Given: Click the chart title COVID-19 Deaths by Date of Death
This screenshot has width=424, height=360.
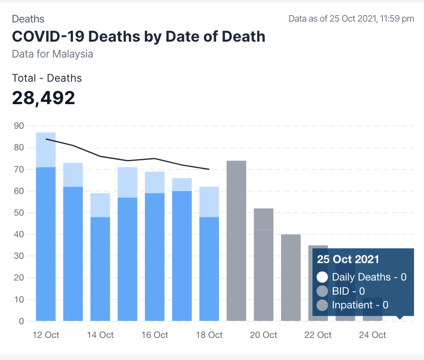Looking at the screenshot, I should point(138,36).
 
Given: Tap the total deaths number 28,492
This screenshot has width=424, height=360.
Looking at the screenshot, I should point(43,97).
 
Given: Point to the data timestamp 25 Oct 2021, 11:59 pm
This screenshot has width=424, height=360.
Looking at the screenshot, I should point(351,18).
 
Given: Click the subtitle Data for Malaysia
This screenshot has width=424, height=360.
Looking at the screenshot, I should point(52,54).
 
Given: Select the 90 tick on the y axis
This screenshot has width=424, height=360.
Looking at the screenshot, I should point(19,126).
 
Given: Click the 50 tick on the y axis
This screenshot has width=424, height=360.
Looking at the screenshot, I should point(19,213).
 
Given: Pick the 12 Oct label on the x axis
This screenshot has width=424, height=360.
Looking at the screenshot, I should point(46,335).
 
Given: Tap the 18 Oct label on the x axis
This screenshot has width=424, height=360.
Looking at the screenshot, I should point(209,335).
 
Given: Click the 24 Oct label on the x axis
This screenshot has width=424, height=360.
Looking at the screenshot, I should point(372,335).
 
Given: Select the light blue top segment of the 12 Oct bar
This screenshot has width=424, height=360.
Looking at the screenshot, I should point(46,150).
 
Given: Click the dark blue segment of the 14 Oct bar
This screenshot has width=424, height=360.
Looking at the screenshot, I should point(100,269).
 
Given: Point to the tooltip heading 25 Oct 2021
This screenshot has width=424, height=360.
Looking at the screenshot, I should point(348,259).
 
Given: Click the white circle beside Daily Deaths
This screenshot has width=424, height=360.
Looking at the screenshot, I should point(322,277).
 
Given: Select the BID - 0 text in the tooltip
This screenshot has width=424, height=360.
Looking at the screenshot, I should point(348,291).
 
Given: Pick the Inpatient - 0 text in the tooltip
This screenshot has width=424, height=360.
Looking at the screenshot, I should point(360,305).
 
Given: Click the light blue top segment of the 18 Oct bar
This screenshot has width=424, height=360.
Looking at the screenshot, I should point(209,202).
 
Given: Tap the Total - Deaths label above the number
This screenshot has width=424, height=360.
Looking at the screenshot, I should point(47,78).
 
